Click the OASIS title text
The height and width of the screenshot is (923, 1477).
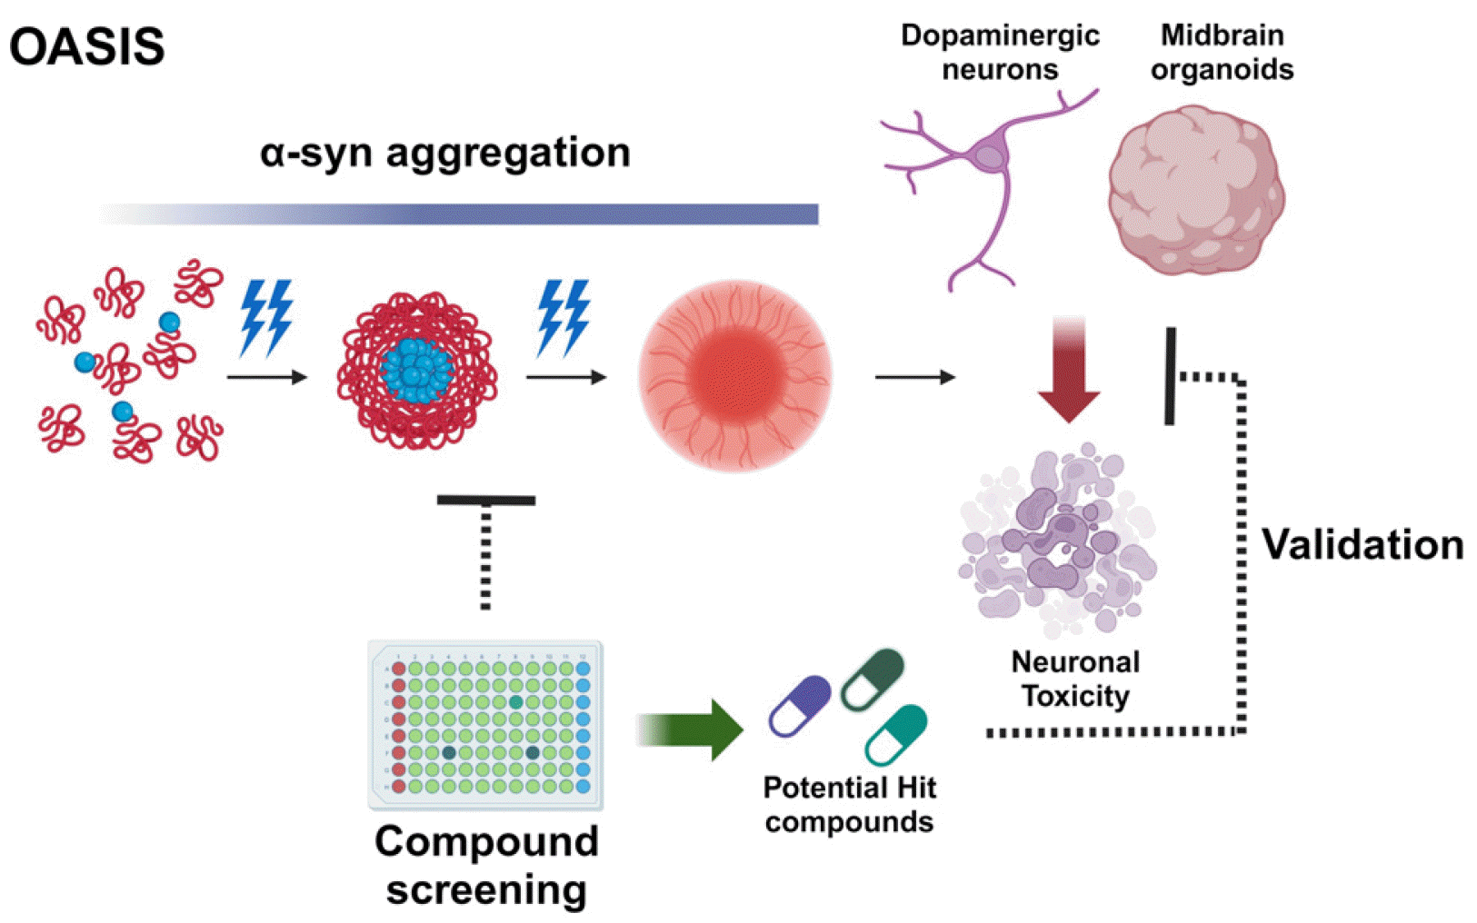(x=87, y=46)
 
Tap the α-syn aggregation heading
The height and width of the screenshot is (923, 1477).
(x=444, y=153)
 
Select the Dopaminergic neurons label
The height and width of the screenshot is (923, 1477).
(x=1000, y=52)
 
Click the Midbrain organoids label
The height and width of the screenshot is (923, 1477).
(x=1222, y=52)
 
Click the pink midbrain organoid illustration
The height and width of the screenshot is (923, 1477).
(x=1195, y=190)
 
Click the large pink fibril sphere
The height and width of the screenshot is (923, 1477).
(x=734, y=374)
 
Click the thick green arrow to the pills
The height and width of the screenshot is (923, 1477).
(x=691, y=729)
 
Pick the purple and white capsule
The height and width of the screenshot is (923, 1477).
(x=800, y=706)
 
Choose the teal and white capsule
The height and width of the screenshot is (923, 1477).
(x=896, y=734)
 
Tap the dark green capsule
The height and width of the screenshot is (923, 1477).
(x=873, y=678)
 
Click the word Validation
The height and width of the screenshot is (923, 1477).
(x=1362, y=545)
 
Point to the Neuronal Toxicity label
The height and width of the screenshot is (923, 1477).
(x=1075, y=679)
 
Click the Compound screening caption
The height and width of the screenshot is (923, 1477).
(x=486, y=865)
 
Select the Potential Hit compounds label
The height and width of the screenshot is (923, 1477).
(x=849, y=804)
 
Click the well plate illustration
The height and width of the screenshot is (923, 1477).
(x=485, y=725)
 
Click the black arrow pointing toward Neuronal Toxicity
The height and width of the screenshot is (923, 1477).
(x=914, y=376)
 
